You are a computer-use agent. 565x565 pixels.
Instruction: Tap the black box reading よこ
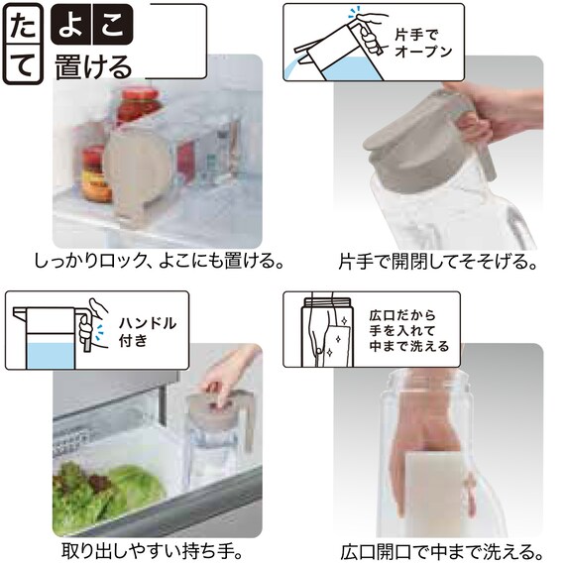pos(93,26)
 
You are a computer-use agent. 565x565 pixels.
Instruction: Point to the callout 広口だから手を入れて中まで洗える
pos(415,331)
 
